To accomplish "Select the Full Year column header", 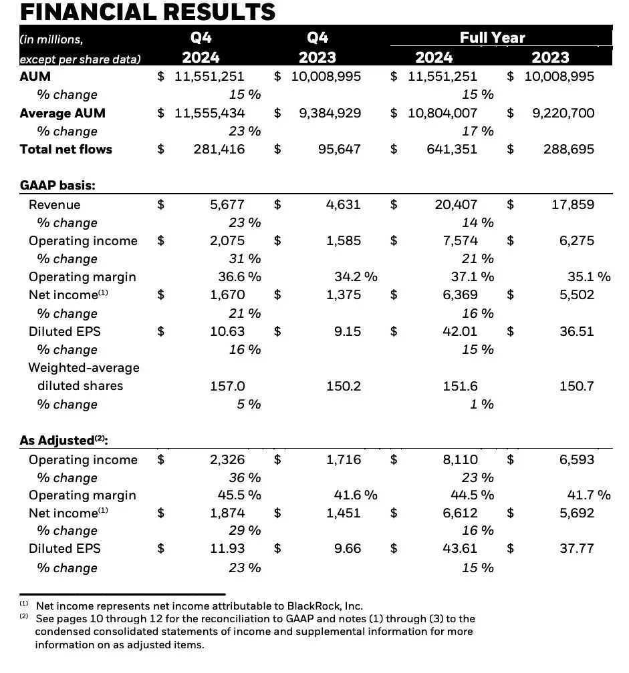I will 492,37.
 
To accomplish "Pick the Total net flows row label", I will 66,149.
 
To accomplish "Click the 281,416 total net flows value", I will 219,149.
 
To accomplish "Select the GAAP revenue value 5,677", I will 227,204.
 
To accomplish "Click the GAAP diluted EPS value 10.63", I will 227,331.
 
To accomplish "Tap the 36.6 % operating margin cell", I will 236,276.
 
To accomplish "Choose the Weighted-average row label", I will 84,368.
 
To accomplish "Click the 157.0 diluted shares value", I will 227,386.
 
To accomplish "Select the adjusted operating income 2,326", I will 227,459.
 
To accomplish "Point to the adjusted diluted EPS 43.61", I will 461,548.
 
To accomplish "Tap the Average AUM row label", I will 62,113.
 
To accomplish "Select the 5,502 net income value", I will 577,294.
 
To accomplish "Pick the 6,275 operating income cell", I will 577,240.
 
